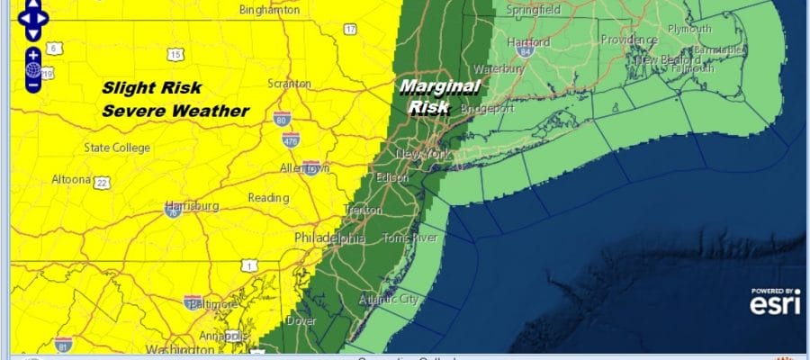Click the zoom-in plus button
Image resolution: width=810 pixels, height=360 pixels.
33,54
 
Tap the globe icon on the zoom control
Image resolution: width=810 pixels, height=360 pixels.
33,69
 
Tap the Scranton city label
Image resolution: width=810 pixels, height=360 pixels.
290,84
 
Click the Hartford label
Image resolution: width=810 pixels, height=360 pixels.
527,42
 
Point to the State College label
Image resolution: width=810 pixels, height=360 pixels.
118,148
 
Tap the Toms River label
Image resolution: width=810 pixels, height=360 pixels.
409,238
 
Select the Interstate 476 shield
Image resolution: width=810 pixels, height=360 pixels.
290,138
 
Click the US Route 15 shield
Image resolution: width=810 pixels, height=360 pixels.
175,55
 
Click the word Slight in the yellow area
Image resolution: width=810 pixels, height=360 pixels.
127,87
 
